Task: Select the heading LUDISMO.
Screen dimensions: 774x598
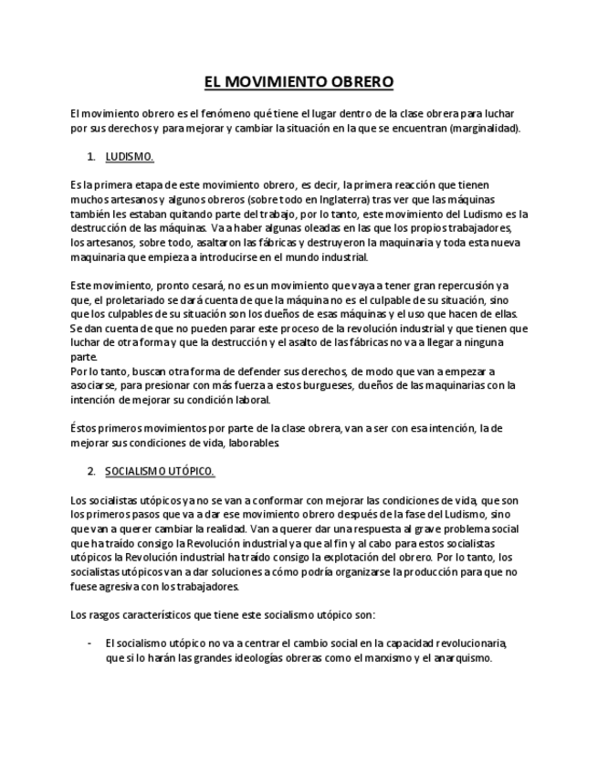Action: [130, 157]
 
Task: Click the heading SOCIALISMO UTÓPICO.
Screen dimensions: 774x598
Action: [160, 471]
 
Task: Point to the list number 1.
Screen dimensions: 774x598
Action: [90, 157]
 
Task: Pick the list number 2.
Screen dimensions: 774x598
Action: [90, 471]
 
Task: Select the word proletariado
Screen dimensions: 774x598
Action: [129, 300]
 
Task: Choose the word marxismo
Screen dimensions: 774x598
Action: [361, 657]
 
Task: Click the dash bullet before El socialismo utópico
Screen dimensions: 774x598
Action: [89, 643]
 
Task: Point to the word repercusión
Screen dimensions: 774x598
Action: [463, 286]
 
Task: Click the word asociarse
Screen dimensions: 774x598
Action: [96, 385]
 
